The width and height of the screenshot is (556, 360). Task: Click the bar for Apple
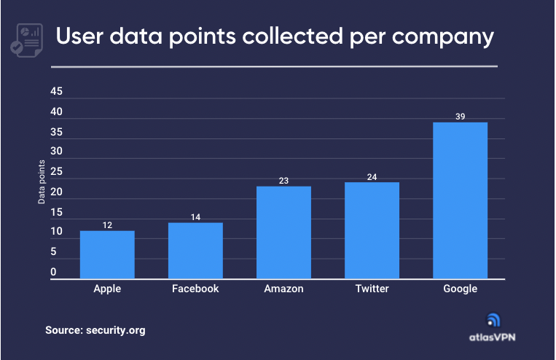pos(107,254)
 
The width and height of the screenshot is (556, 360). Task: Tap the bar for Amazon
pos(283,232)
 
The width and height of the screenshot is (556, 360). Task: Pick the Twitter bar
pos(372,230)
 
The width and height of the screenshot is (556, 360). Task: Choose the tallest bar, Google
pos(460,200)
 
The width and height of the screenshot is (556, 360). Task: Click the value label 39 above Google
pos(460,116)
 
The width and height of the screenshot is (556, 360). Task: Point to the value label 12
pos(107,225)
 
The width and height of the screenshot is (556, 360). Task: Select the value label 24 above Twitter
pos(372,176)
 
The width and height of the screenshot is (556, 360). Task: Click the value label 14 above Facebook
pos(195,216)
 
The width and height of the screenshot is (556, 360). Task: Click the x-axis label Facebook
pos(195,289)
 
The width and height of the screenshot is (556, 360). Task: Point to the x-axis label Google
pos(460,289)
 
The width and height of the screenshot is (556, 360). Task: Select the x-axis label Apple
pos(107,289)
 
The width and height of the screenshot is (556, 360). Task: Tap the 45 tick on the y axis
pos(57,93)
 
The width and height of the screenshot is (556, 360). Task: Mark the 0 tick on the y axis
pos(53,273)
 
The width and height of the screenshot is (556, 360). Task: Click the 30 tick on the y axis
pos(57,152)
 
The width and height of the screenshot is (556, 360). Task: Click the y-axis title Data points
pos(42,181)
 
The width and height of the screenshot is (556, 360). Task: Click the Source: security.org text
pos(95,330)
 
